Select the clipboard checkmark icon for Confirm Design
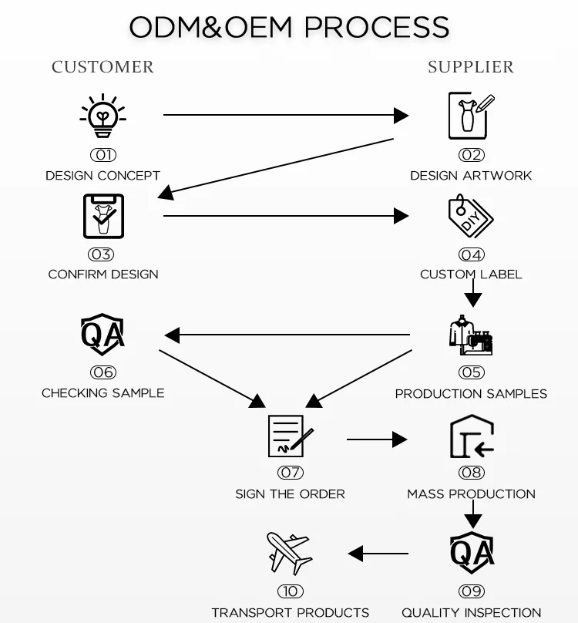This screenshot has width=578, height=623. tap(103, 216)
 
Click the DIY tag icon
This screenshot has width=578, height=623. tap(470, 216)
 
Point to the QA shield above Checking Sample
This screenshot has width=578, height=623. tap(103, 335)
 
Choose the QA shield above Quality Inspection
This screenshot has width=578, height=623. tap(472, 553)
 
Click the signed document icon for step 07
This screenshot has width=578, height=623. tap(290, 436)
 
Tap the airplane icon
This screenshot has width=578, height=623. tap(289, 554)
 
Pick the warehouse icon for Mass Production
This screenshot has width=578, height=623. tap(472, 439)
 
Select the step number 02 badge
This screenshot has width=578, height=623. tap(472, 155)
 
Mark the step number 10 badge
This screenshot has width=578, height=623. tap(290, 591)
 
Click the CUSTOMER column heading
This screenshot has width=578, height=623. tap(102, 67)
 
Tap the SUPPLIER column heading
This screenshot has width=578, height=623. tap(471, 67)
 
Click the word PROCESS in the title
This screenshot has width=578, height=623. tap(377, 28)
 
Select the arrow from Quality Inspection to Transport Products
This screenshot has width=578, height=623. tap(378, 553)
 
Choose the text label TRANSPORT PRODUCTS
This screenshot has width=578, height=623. tap(290, 613)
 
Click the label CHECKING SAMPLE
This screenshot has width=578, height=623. tap(103, 393)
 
